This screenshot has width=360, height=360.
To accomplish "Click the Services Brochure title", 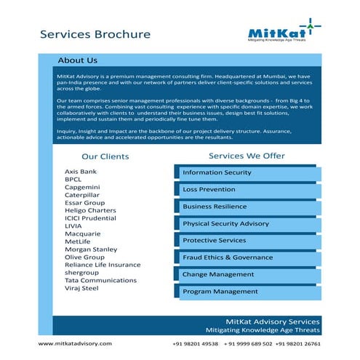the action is pos(95,34).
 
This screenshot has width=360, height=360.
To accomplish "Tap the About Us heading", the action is pos(77,60).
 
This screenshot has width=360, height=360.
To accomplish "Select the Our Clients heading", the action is pos(105,156).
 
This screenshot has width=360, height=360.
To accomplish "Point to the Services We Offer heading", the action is pos(247,156).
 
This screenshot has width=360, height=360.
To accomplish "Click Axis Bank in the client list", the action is pos(80,172).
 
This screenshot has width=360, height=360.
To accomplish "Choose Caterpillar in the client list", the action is pos(84,195).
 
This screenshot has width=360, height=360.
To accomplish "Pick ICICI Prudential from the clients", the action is pos(90,218).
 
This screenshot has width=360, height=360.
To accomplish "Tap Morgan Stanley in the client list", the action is pos(91,249).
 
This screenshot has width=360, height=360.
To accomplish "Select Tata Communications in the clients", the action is pos(100,280).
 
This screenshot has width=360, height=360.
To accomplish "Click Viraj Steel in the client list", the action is pos(81,288).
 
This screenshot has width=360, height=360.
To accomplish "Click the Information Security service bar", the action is pos(245,172).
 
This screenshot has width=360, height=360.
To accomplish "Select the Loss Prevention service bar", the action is pos(245,189).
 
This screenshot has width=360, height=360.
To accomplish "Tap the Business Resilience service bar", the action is pos(245,207).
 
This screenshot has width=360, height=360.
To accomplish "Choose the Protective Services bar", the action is pos(245,240).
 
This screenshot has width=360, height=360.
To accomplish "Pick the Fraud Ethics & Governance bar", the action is pos(245,257).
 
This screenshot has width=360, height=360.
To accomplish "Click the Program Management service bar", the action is pos(245,292).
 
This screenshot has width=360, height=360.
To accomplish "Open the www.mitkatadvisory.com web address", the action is pos(75,343).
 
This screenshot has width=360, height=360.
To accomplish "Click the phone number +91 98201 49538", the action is pos(194,343).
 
